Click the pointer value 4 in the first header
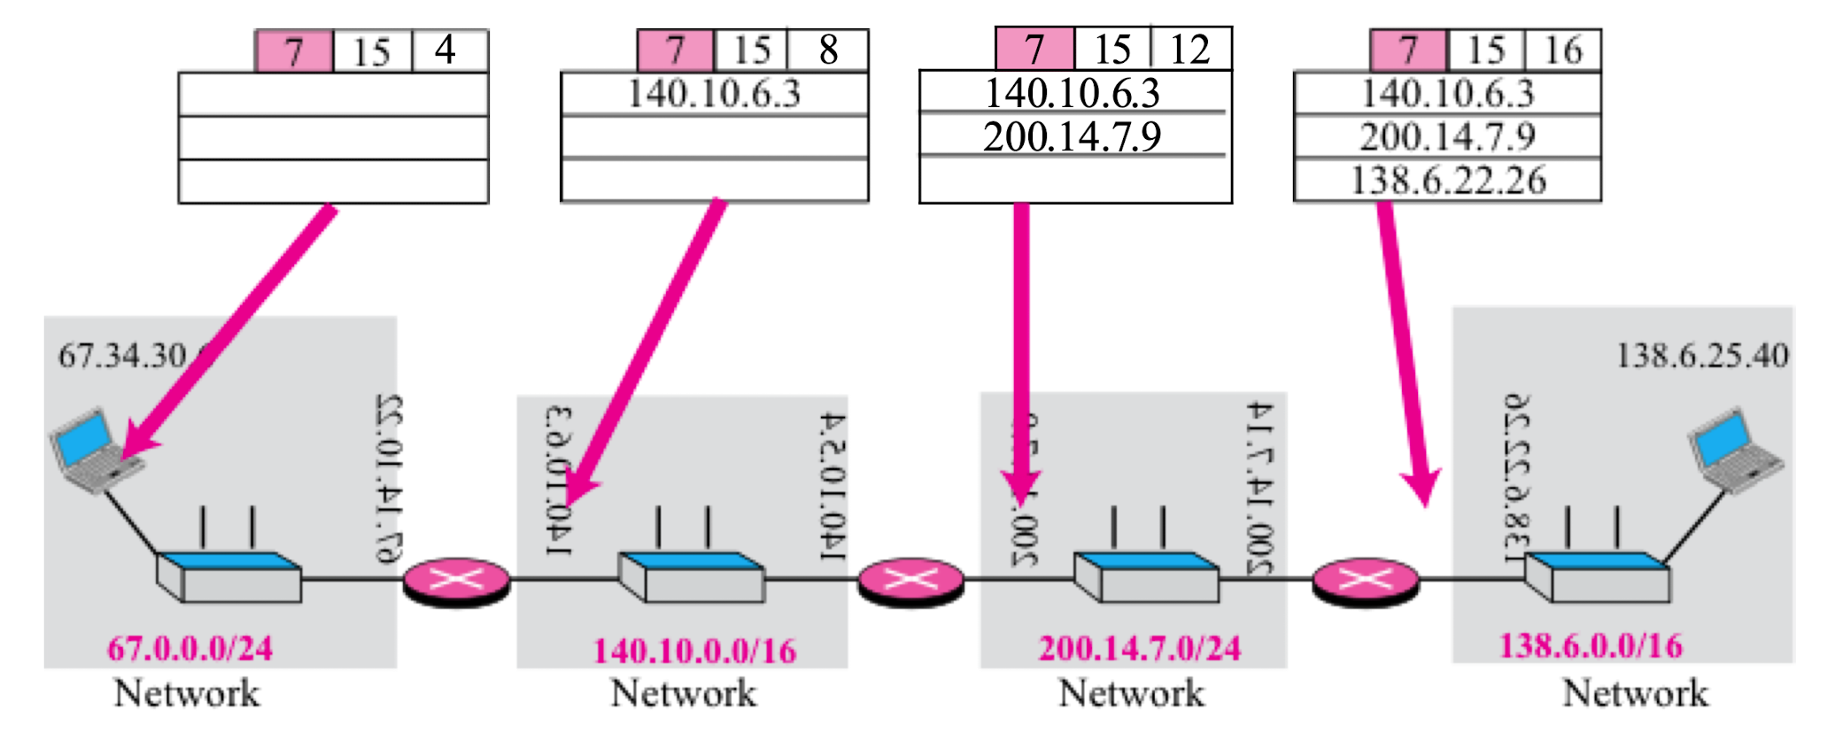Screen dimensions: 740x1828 [x=447, y=50]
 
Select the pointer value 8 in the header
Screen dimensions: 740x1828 [x=828, y=50]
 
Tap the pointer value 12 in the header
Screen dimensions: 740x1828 [x=1189, y=50]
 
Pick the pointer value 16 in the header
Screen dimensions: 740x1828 [x=1563, y=50]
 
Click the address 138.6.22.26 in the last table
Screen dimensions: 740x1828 [x=1448, y=181]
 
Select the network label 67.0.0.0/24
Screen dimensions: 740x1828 [x=190, y=649]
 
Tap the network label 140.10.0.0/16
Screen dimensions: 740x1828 [x=694, y=651]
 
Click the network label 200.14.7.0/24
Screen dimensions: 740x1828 [x=1139, y=649]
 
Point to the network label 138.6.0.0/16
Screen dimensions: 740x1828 [x=1590, y=646]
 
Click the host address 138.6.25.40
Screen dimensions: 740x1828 [x=1701, y=356]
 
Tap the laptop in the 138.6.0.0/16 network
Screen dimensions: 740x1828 [x=1731, y=448]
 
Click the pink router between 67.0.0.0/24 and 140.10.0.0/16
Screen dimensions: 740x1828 [x=456, y=582]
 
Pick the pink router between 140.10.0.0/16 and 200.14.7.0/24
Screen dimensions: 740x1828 [x=910, y=582]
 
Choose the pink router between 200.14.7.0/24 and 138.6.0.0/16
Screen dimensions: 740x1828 [x=1365, y=582]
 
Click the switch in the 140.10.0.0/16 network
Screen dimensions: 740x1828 [x=691, y=576]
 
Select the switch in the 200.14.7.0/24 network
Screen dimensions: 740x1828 [x=1145, y=576]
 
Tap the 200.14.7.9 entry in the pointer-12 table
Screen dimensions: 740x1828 [x=1072, y=137]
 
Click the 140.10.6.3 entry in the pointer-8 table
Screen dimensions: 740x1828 [x=714, y=94]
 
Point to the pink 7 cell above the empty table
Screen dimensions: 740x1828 [x=293, y=50]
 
